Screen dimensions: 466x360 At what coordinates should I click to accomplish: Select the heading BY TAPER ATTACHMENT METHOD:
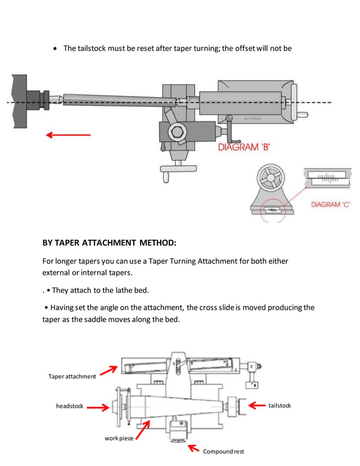click(x=109, y=243)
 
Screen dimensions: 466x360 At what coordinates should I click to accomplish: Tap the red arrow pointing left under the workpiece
click(x=68, y=135)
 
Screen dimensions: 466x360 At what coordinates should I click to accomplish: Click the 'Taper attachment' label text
click(x=72, y=376)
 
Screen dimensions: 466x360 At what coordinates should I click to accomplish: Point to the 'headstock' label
click(x=69, y=406)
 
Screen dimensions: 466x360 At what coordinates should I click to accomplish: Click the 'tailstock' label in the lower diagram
click(x=279, y=406)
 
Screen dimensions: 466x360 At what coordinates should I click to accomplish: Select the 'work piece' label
click(x=119, y=438)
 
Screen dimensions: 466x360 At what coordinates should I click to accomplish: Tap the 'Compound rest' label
click(x=223, y=451)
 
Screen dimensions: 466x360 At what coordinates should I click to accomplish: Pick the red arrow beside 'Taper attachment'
click(x=108, y=371)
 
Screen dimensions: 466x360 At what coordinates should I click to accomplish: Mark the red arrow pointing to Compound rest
click(x=194, y=449)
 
